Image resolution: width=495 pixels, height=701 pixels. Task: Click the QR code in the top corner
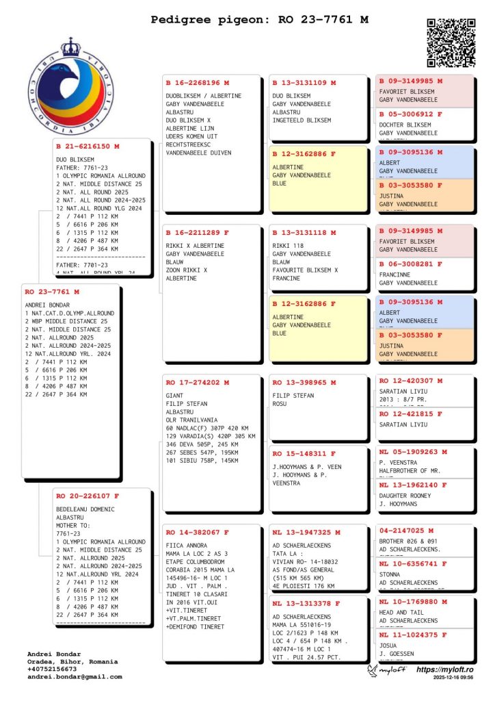(451, 42)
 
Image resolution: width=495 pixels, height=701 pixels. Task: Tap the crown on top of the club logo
(70, 47)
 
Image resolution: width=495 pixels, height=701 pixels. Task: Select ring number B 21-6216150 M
(88, 146)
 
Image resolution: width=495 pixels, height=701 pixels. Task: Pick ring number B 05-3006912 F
(411, 114)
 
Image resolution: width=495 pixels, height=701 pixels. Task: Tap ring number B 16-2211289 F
(198, 233)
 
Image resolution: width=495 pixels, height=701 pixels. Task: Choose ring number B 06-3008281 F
(411, 264)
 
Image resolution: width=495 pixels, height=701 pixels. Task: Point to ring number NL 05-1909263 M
(413, 452)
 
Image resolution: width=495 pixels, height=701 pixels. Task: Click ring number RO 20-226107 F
(88, 496)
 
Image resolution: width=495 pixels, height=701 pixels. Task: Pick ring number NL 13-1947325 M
(306, 532)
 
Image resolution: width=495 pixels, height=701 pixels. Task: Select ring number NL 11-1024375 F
(413, 635)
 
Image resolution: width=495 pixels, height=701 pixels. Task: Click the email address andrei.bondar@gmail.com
(75, 677)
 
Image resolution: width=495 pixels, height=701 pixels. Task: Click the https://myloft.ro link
(445, 670)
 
